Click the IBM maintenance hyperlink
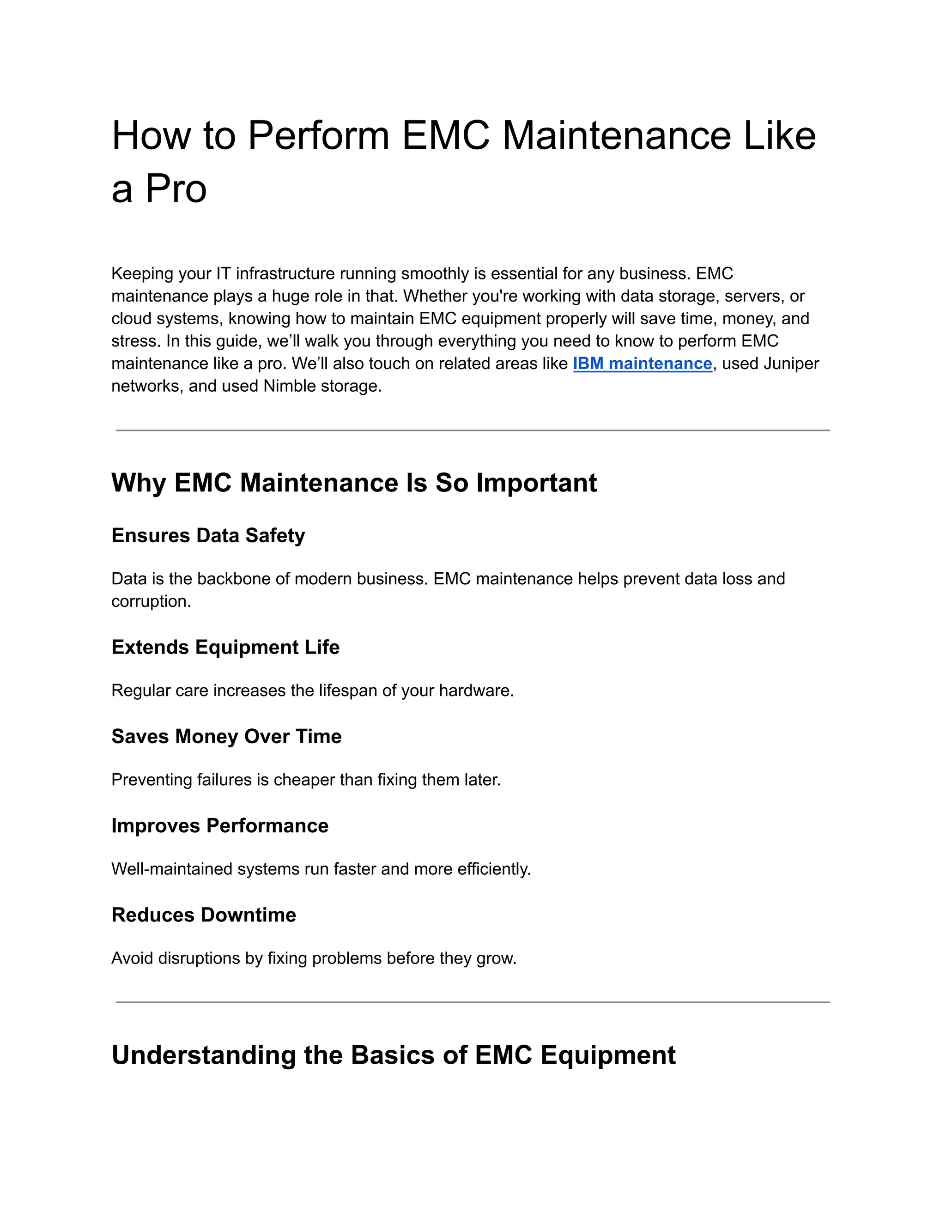[642, 364]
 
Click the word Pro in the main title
[176, 189]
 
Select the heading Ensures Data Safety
[208, 535]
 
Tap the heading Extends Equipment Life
[225, 647]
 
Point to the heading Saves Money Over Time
[226, 736]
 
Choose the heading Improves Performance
[220, 825]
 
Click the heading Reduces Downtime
[203, 915]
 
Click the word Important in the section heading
[536, 483]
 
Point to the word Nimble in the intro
[289, 386]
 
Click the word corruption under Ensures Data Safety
[151, 601]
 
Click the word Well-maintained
[172, 869]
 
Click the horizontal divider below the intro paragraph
[473, 430]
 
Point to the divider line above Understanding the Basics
[473, 1002]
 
